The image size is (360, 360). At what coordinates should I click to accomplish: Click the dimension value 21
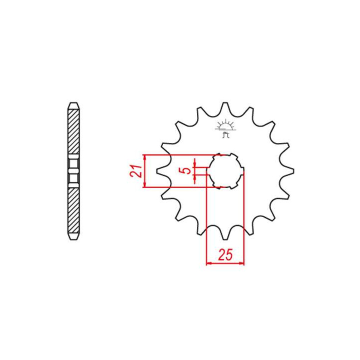(135, 171)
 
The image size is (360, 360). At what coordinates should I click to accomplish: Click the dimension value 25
(225, 254)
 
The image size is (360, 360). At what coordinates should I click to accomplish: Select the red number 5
(187, 170)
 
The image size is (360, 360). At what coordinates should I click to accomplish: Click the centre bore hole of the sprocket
(225, 171)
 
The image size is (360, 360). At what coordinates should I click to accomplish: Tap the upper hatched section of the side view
(74, 132)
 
